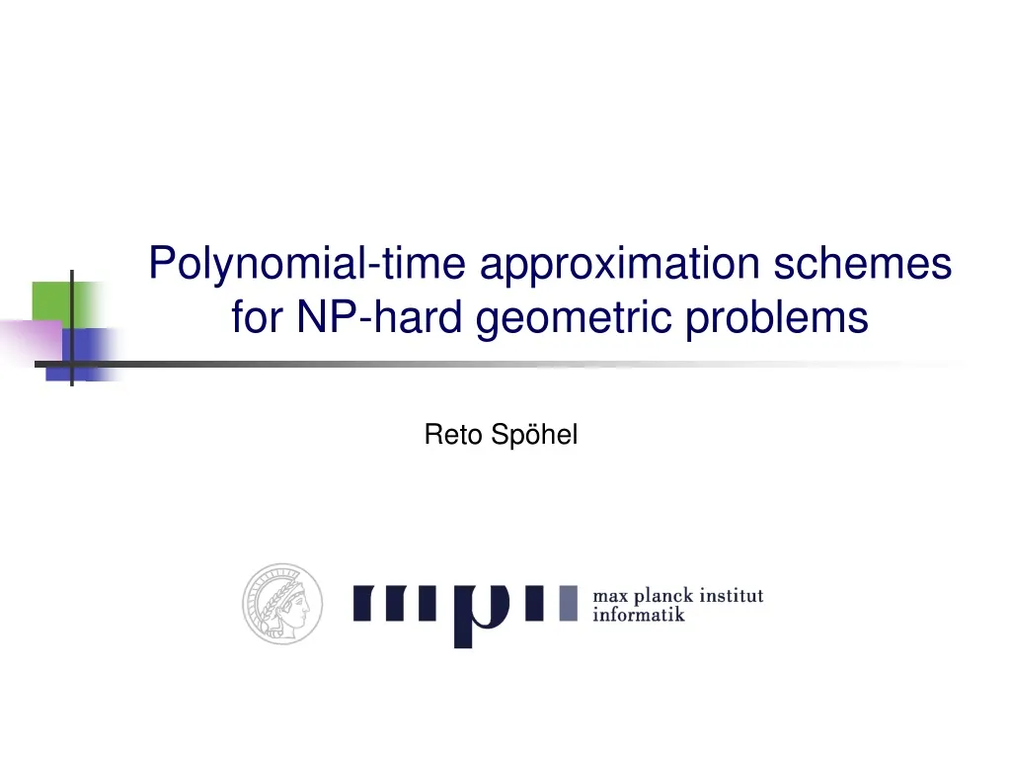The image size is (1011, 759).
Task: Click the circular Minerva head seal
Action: [x=283, y=604]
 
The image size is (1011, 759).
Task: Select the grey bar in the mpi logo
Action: [x=567, y=602]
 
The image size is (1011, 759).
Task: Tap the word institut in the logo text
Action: [x=731, y=596]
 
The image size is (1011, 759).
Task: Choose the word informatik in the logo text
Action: [x=638, y=615]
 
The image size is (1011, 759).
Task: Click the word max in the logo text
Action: [x=610, y=597]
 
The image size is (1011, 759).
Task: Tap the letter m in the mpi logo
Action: [x=399, y=602]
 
